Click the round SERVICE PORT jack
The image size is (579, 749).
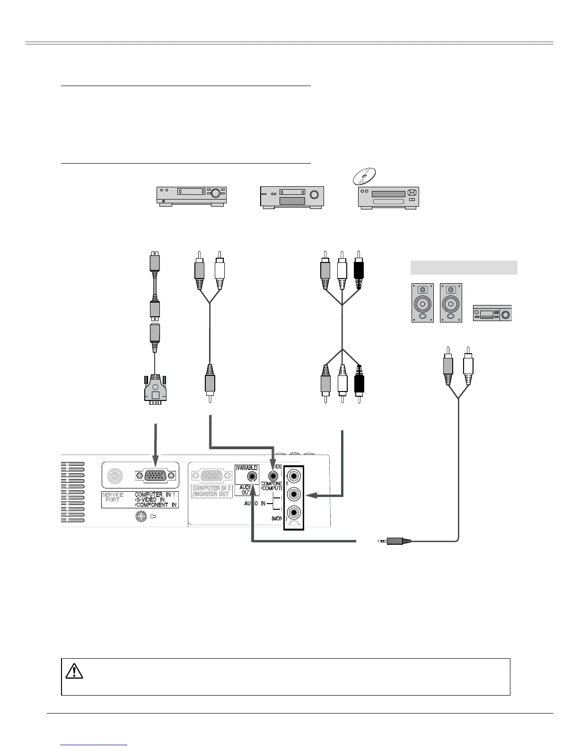pyautogui.click(x=114, y=475)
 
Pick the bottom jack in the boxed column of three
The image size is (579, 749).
pyautogui.click(x=294, y=513)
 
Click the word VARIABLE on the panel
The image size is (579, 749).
pyautogui.click(x=246, y=468)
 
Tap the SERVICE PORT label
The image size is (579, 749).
pyautogui.click(x=113, y=497)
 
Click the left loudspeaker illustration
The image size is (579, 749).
pyautogui.click(x=422, y=303)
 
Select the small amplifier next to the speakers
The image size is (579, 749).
pyautogui.click(x=492, y=313)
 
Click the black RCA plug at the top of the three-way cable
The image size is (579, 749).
pyautogui.click(x=359, y=270)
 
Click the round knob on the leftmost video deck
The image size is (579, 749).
pyautogui.click(x=215, y=192)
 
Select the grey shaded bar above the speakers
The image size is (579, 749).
pyautogui.click(x=464, y=267)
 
